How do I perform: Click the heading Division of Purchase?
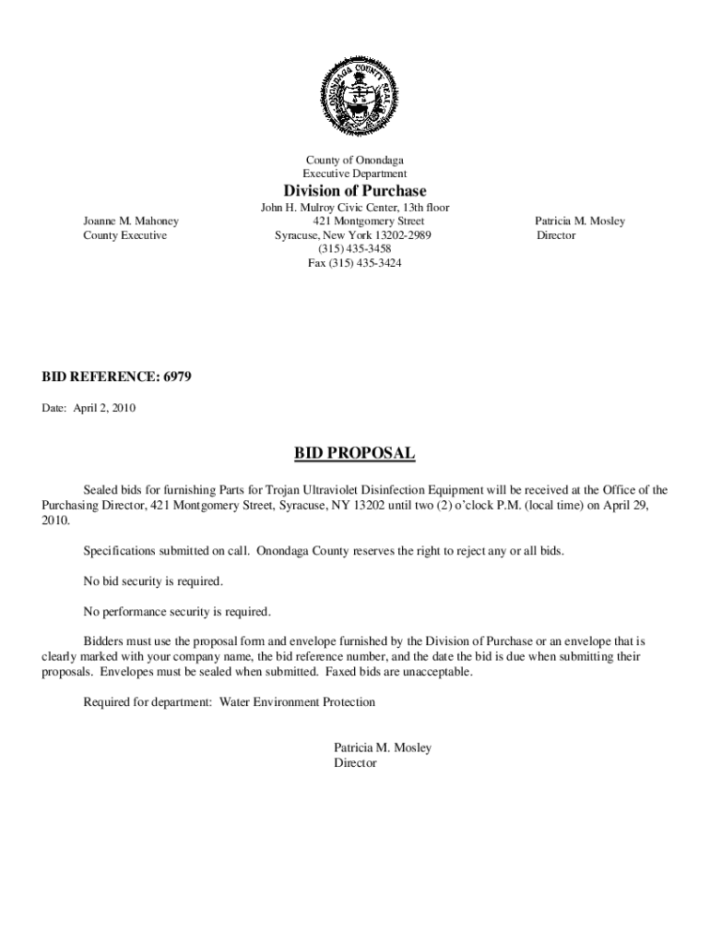pyautogui.click(x=354, y=191)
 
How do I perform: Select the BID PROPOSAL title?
pyautogui.click(x=354, y=453)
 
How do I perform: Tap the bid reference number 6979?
pyautogui.click(x=176, y=377)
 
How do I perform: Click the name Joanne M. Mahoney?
pyautogui.click(x=131, y=221)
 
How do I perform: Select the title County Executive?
pyautogui.click(x=124, y=235)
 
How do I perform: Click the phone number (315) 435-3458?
pyautogui.click(x=355, y=249)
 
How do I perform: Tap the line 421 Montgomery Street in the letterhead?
pyautogui.click(x=368, y=221)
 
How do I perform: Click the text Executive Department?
pyautogui.click(x=354, y=173)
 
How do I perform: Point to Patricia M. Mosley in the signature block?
pyautogui.click(x=383, y=748)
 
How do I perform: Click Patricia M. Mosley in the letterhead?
pyautogui.click(x=580, y=221)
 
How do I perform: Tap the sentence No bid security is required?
pyautogui.click(x=153, y=581)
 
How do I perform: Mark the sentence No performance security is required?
pyautogui.click(x=177, y=611)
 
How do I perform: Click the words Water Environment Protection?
pyautogui.click(x=297, y=702)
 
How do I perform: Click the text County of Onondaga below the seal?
pyautogui.click(x=354, y=161)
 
